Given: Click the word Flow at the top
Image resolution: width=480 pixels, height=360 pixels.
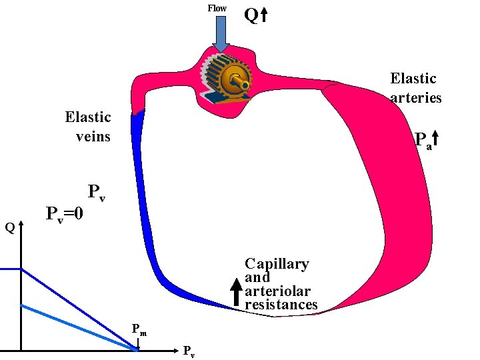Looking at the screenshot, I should click(217, 8).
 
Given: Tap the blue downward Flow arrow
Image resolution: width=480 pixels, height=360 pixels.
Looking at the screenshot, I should click(221, 34).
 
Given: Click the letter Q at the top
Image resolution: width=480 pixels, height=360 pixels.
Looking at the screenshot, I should click(251, 15).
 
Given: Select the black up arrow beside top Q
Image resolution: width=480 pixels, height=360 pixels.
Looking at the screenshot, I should click(264, 15).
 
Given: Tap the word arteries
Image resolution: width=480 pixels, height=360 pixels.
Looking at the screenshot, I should click(416, 97).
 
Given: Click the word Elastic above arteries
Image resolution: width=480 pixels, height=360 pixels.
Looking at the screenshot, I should click(413, 79).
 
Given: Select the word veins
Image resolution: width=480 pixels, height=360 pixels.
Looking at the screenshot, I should click(93, 137).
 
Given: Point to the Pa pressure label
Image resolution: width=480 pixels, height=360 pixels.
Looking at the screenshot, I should click(423, 140).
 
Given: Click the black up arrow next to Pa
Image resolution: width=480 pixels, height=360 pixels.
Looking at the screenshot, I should click(435, 139).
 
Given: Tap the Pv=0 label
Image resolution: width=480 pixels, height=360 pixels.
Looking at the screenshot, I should click(65, 214).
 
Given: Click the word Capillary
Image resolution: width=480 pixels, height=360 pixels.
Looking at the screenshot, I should click(277, 264).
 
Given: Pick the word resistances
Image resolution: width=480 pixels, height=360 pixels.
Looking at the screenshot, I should click(281, 305).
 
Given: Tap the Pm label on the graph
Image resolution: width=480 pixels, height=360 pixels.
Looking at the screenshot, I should click(139, 329).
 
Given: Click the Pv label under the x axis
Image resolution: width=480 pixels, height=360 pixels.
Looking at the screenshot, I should click(189, 351).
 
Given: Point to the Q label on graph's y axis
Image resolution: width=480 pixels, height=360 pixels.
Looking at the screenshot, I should click(10, 228).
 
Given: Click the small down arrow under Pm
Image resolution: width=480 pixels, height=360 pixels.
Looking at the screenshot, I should click(139, 343).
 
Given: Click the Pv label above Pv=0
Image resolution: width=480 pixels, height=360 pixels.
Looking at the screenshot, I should click(96, 193).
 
